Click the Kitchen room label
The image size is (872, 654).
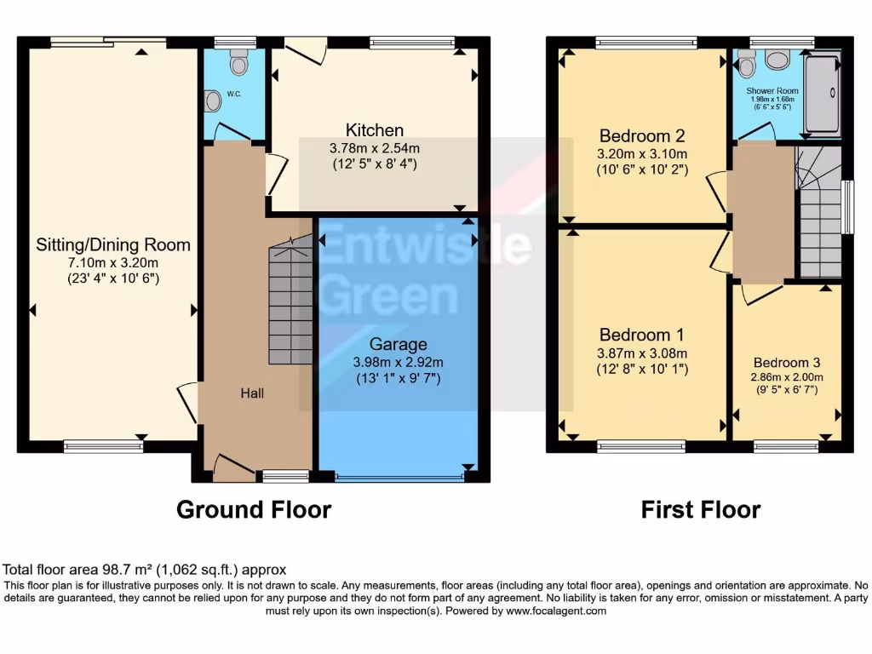pos(375,130)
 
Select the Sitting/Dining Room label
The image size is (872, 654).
pos(113,245)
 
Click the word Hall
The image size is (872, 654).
pos(252,393)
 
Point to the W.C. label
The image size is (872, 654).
pos(234,94)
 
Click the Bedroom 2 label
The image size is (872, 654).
pos(642,136)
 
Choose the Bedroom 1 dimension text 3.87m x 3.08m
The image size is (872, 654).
pos(642,353)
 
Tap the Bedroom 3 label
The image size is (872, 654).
pos(783,359)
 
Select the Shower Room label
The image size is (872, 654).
pos(772,90)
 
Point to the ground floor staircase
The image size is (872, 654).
pos(290,302)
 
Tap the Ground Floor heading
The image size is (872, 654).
pos(253,509)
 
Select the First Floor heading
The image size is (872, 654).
pos(700,509)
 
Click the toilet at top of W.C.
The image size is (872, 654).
pos(238,61)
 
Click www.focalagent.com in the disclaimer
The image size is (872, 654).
pos(556,611)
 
